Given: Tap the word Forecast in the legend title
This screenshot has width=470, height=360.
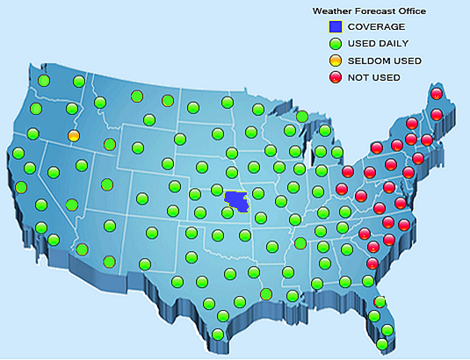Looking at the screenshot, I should click(374, 11).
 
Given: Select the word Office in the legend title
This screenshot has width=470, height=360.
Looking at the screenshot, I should click(411, 11).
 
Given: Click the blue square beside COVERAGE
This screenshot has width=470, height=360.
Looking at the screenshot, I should click(334, 26).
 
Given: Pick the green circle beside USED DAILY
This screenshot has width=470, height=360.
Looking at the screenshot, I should click(334, 43).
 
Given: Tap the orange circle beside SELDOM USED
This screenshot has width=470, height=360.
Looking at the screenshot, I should click(334, 61).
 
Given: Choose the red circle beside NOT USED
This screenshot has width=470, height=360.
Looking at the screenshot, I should click(334, 77).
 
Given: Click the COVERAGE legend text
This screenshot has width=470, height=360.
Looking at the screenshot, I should click(377, 27).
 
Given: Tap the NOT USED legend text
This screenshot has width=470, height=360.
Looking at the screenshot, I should click(374, 77).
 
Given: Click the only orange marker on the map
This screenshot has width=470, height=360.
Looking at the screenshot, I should click(74, 136).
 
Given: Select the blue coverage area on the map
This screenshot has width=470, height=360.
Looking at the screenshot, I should click(235, 203).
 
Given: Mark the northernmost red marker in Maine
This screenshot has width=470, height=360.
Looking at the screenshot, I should click(437, 94).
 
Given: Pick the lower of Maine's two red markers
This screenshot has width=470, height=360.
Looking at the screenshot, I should click(437, 114).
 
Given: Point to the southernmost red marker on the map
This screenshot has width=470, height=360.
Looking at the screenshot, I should click(372, 263).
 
